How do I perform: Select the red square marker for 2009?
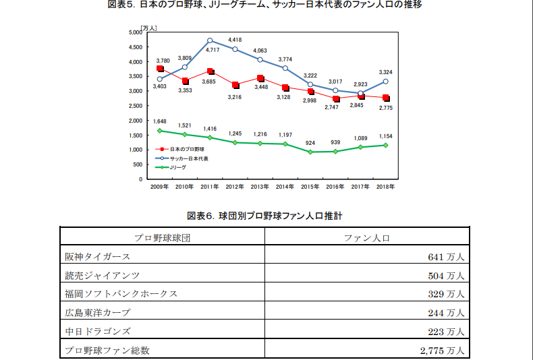[160, 69]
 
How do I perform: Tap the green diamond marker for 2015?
[310, 152]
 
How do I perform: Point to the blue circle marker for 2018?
[386, 82]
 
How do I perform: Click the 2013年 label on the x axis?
[260, 186]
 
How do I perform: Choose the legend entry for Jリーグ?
[178, 167]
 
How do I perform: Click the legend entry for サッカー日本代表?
[188, 158]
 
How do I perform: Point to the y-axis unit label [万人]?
[148, 28]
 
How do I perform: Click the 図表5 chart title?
[266, 5]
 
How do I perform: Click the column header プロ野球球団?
[161, 237]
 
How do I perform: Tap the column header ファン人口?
[367, 237]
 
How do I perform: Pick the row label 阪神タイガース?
[98, 256]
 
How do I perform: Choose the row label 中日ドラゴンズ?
[98, 331]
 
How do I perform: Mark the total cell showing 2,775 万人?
[441, 350]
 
